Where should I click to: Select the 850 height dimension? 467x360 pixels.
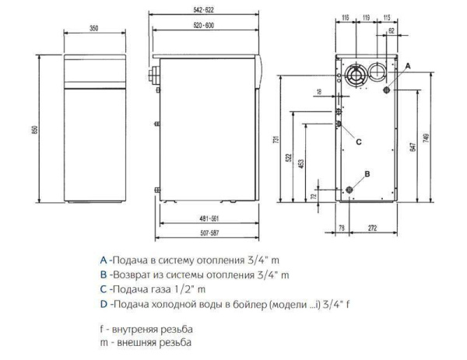pyautogui.click(x=34, y=130)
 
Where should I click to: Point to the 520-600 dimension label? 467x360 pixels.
pyautogui.click(x=206, y=27)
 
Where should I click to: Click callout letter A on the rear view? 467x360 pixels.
pyautogui.click(x=407, y=68)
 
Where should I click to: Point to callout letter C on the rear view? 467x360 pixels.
pyautogui.click(x=359, y=142)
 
